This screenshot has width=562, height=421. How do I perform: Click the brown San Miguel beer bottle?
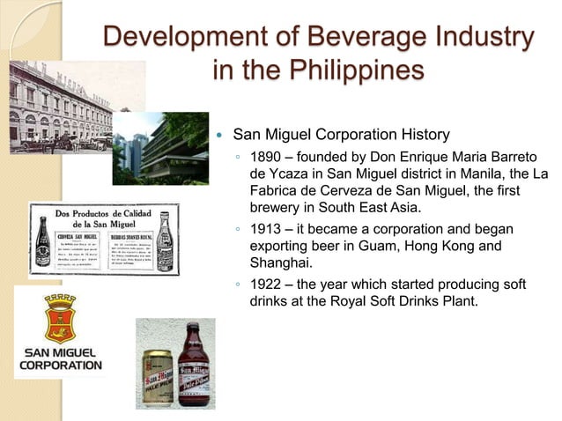pos(195,363)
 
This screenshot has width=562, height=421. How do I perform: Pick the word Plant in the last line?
pos(456,301)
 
